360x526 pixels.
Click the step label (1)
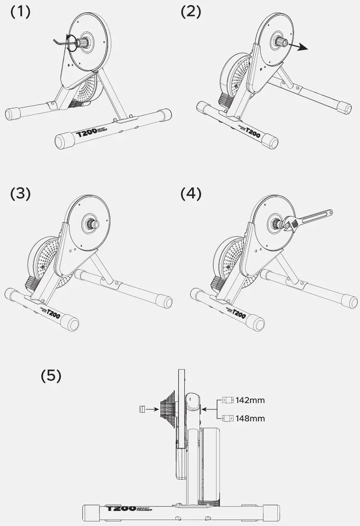[x=20, y=12]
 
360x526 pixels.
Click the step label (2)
[x=191, y=12]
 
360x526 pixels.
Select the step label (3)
[x=20, y=193]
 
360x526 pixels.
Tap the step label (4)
[x=191, y=193]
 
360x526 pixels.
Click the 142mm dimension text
[x=250, y=400]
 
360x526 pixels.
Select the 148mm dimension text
[x=250, y=419]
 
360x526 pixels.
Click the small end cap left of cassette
[x=142, y=408]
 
